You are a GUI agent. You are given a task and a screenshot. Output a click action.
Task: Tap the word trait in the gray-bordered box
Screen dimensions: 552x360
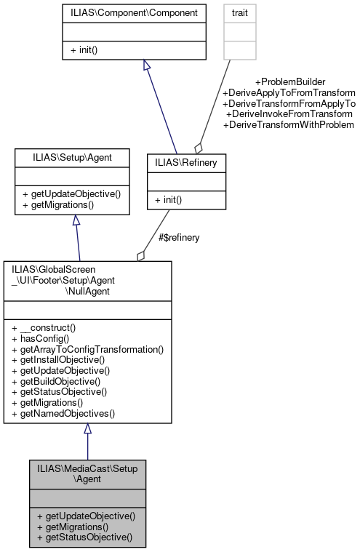coord(239,14)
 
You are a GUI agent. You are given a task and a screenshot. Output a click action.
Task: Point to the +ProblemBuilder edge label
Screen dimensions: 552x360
coord(289,82)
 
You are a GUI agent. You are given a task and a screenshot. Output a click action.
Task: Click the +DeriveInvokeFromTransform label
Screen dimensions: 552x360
coord(289,114)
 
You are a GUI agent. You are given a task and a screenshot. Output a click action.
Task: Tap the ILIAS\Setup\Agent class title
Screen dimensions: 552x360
coord(72,156)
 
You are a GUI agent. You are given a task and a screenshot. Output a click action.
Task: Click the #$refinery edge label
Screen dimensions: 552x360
coord(179,237)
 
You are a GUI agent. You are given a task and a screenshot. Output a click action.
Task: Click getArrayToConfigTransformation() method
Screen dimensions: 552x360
coord(88,349)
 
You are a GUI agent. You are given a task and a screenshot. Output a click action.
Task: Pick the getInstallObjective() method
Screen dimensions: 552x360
coord(59,359)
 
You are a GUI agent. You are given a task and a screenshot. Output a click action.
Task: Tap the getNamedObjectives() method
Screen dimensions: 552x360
coord(63,413)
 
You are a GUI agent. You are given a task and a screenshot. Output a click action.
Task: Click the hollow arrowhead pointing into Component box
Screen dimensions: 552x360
coord(147,65)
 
